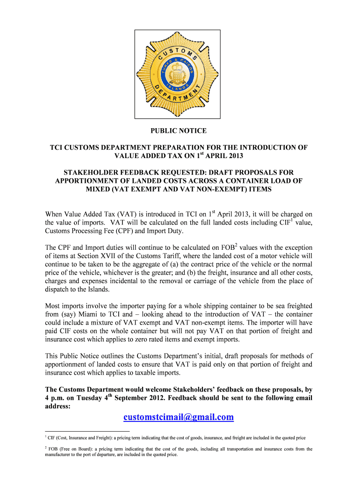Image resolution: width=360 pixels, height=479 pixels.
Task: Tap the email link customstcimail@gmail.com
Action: pos(179,417)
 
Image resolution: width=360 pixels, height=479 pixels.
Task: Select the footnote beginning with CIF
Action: pos(176,438)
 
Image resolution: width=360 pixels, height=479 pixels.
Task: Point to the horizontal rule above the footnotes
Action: pos(87,431)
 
